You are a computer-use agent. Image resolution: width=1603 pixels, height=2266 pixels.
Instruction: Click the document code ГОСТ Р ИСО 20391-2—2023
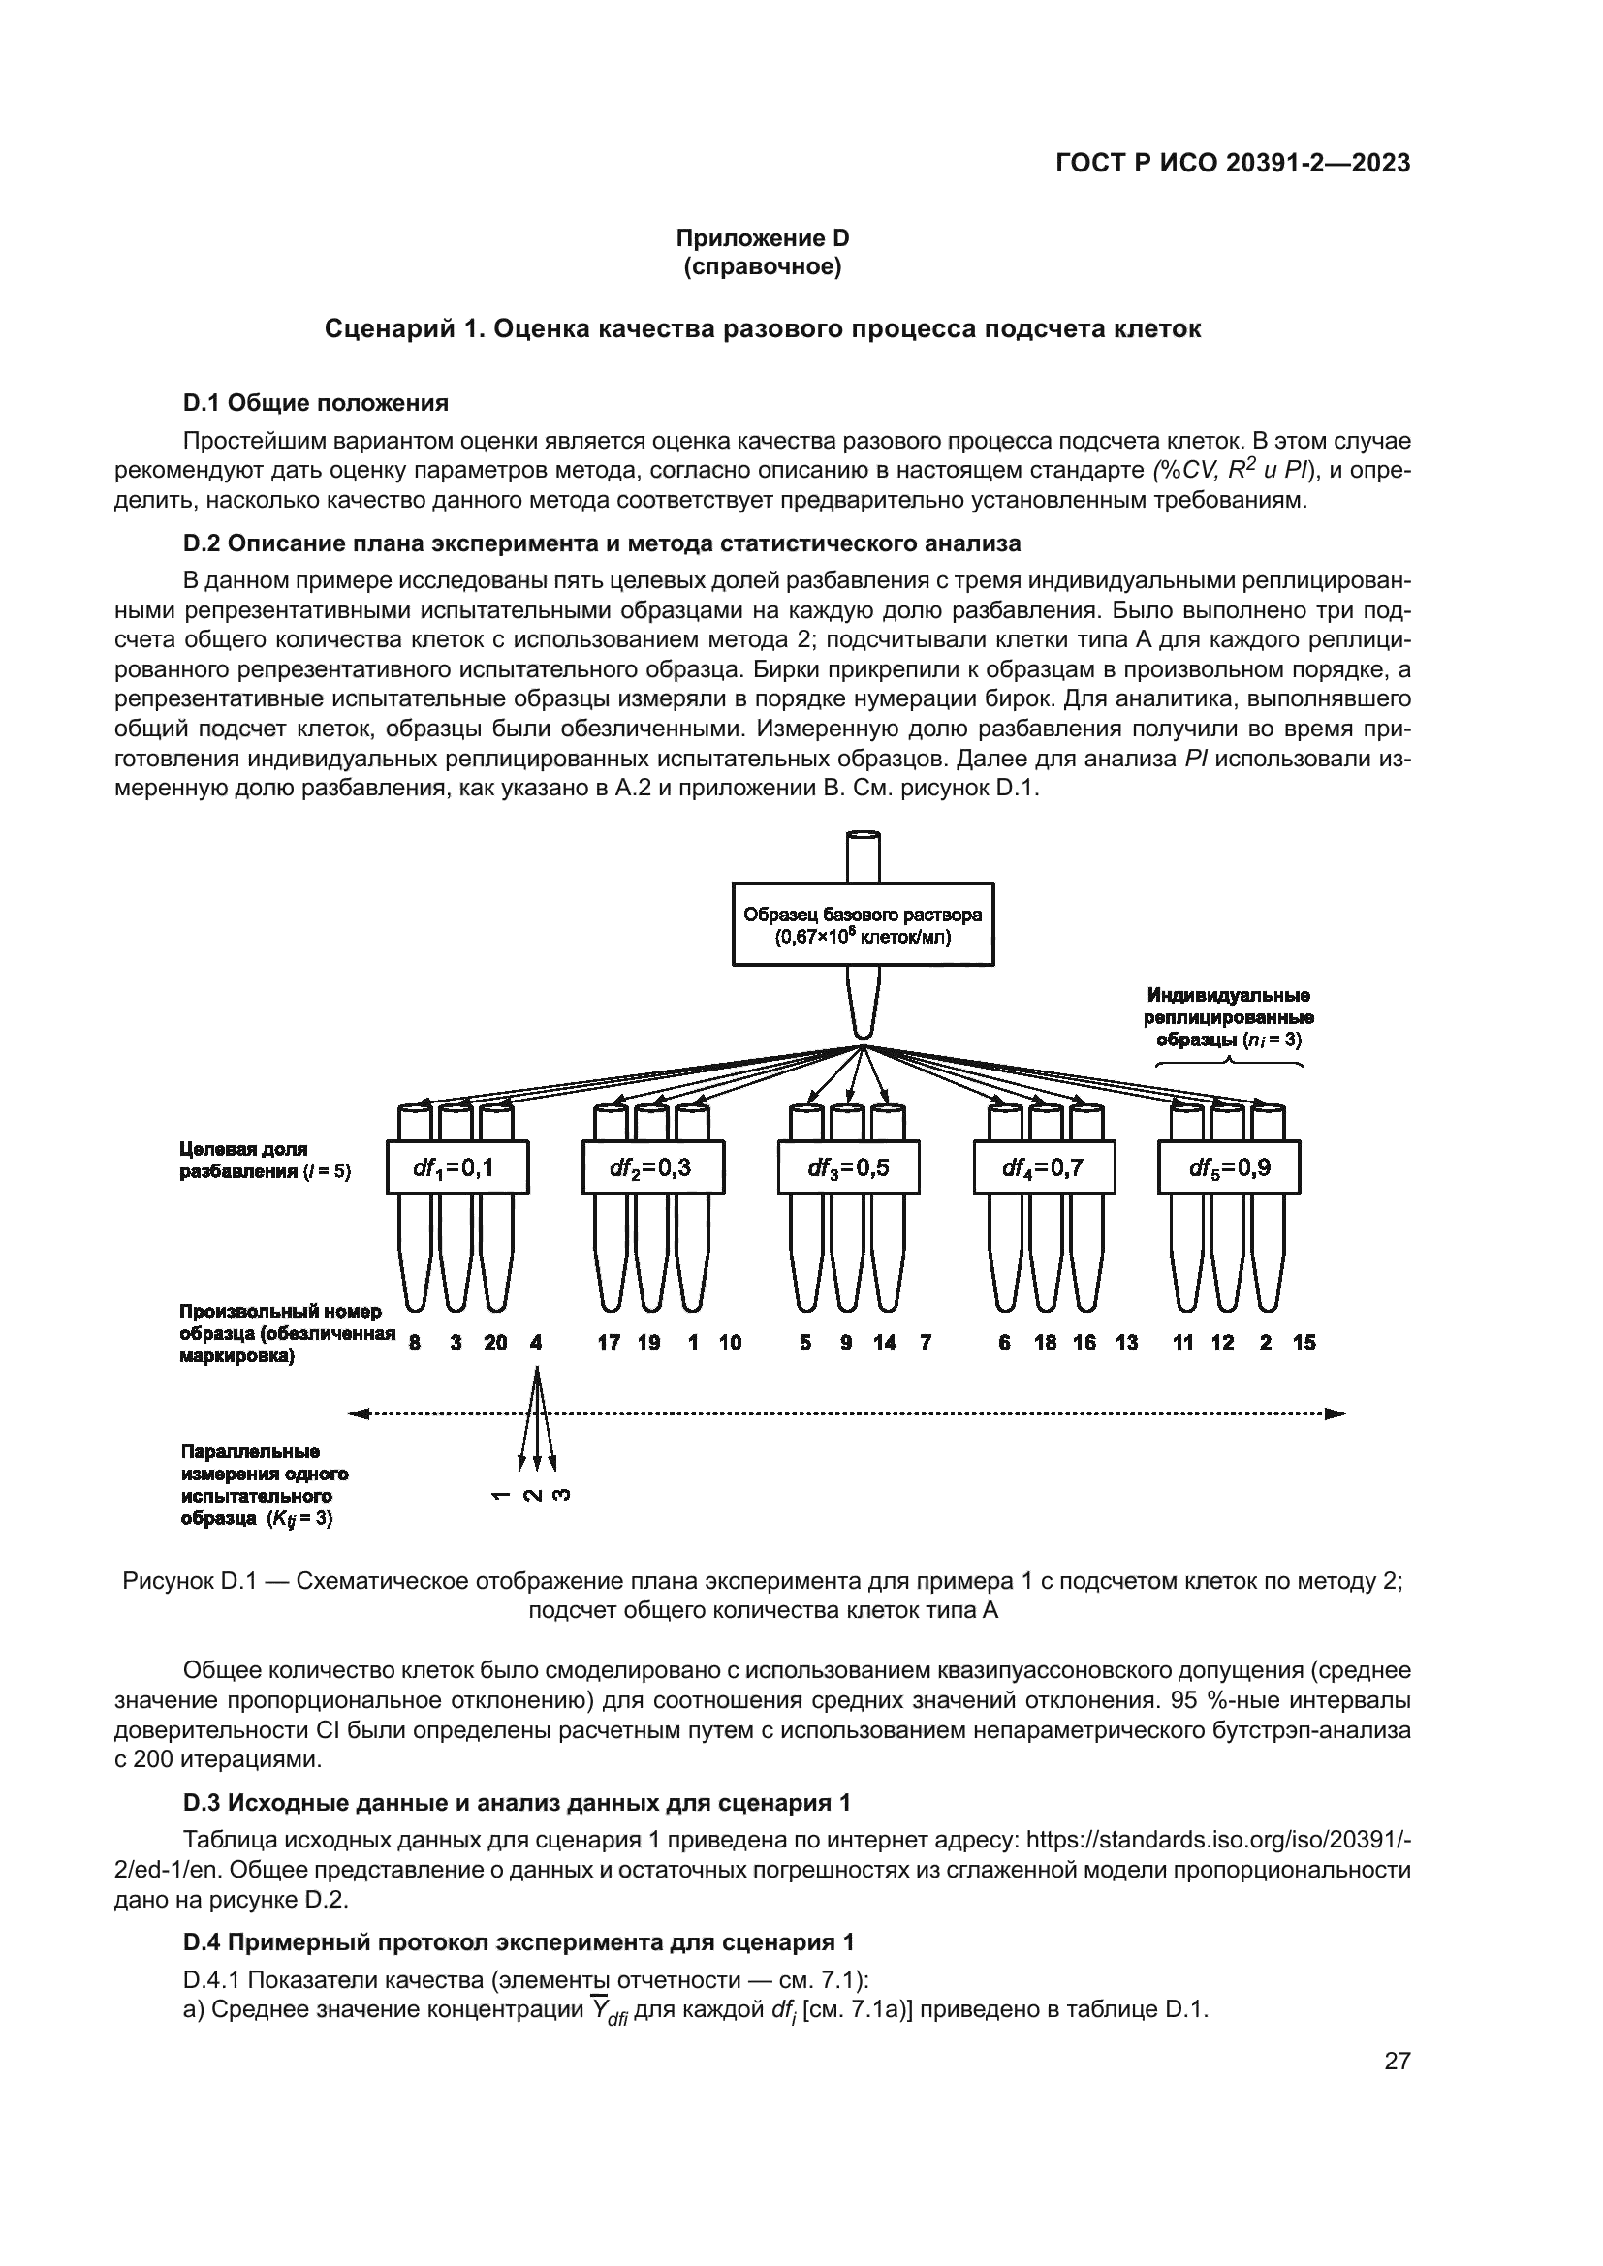pyautogui.click(x=1233, y=163)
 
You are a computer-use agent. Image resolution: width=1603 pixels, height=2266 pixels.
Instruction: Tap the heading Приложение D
pyautogui.click(x=762, y=238)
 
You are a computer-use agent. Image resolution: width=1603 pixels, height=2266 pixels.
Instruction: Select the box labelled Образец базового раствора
pyautogui.click(x=862, y=925)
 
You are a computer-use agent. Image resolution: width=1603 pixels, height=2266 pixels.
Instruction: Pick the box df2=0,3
pyautogui.click(x=652, y=1167)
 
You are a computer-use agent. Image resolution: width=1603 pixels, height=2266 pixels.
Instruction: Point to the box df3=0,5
pyautogui.click(x=848, y=1167)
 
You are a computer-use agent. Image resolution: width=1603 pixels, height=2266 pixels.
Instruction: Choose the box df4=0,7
pyautogui.click(x=1044, y=1167)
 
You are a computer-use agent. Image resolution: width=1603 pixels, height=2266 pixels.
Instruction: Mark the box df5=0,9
pyautogui.click(x=1229, y=1167)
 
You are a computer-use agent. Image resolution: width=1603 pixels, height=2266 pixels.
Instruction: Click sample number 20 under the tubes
pyautogui.click(x=495, y=1342)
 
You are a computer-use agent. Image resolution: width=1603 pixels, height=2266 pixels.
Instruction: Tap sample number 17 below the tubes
pyautogui.click(x=609, y=1342)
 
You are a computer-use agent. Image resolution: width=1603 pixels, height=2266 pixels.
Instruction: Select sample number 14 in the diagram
pyautogui.click(x=885, y=1342)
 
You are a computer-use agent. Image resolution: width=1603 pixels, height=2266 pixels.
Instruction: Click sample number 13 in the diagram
pyautogui.click(x=1126, y=1342)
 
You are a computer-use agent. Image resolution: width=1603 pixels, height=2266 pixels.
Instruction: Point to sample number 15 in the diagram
pyautogui.click(x=1304, y=1342)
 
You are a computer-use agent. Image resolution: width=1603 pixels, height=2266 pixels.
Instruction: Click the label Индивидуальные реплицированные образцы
pyautogui.click(x=1229, y=1017)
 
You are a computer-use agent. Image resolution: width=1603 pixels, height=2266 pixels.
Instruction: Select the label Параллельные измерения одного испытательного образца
pyautogui.click(x=264, y=1485)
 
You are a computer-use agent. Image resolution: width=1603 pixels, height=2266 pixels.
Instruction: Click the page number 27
pyautogui.click(x=1397, y=2061)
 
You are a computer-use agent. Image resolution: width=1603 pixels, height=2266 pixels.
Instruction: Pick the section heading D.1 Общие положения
pyautogui.click(x=316, y=403)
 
